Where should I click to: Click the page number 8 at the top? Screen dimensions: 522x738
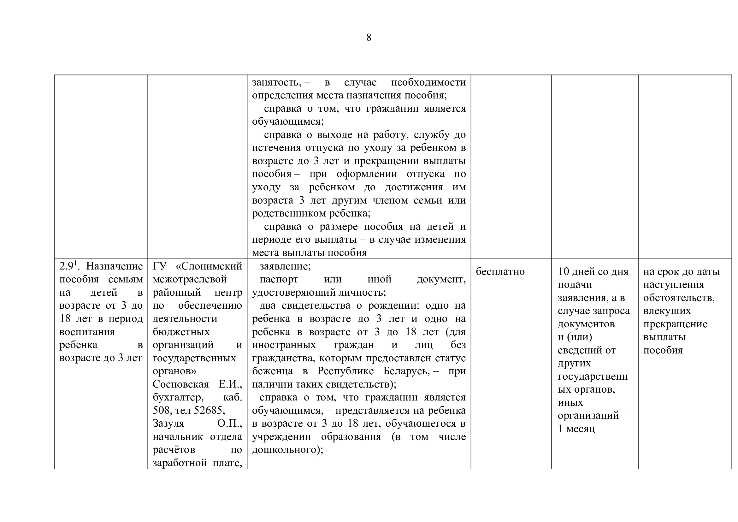click(x=369, y=38)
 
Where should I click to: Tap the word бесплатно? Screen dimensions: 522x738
click(x=500, y=272)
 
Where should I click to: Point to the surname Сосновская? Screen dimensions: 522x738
click(x=181, y=384)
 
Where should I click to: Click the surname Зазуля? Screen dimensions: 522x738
click(x=168, y=423)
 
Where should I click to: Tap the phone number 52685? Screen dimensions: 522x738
click(x=209, y=410)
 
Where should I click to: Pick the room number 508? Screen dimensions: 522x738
click(x=162, y=410)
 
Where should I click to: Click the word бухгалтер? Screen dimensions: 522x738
click(x=178, y=397)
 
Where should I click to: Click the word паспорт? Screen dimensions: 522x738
click(x=279, y=279)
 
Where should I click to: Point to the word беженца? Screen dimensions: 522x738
click(x=272, y=371)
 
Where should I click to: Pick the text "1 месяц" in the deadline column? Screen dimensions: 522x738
click(x=576, y=429)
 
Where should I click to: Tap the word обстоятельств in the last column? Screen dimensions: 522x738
click(x=679, y=298)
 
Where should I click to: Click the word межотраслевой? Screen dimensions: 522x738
click(x=190, y=279)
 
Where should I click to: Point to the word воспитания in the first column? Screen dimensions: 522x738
click(x=87, y=332)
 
